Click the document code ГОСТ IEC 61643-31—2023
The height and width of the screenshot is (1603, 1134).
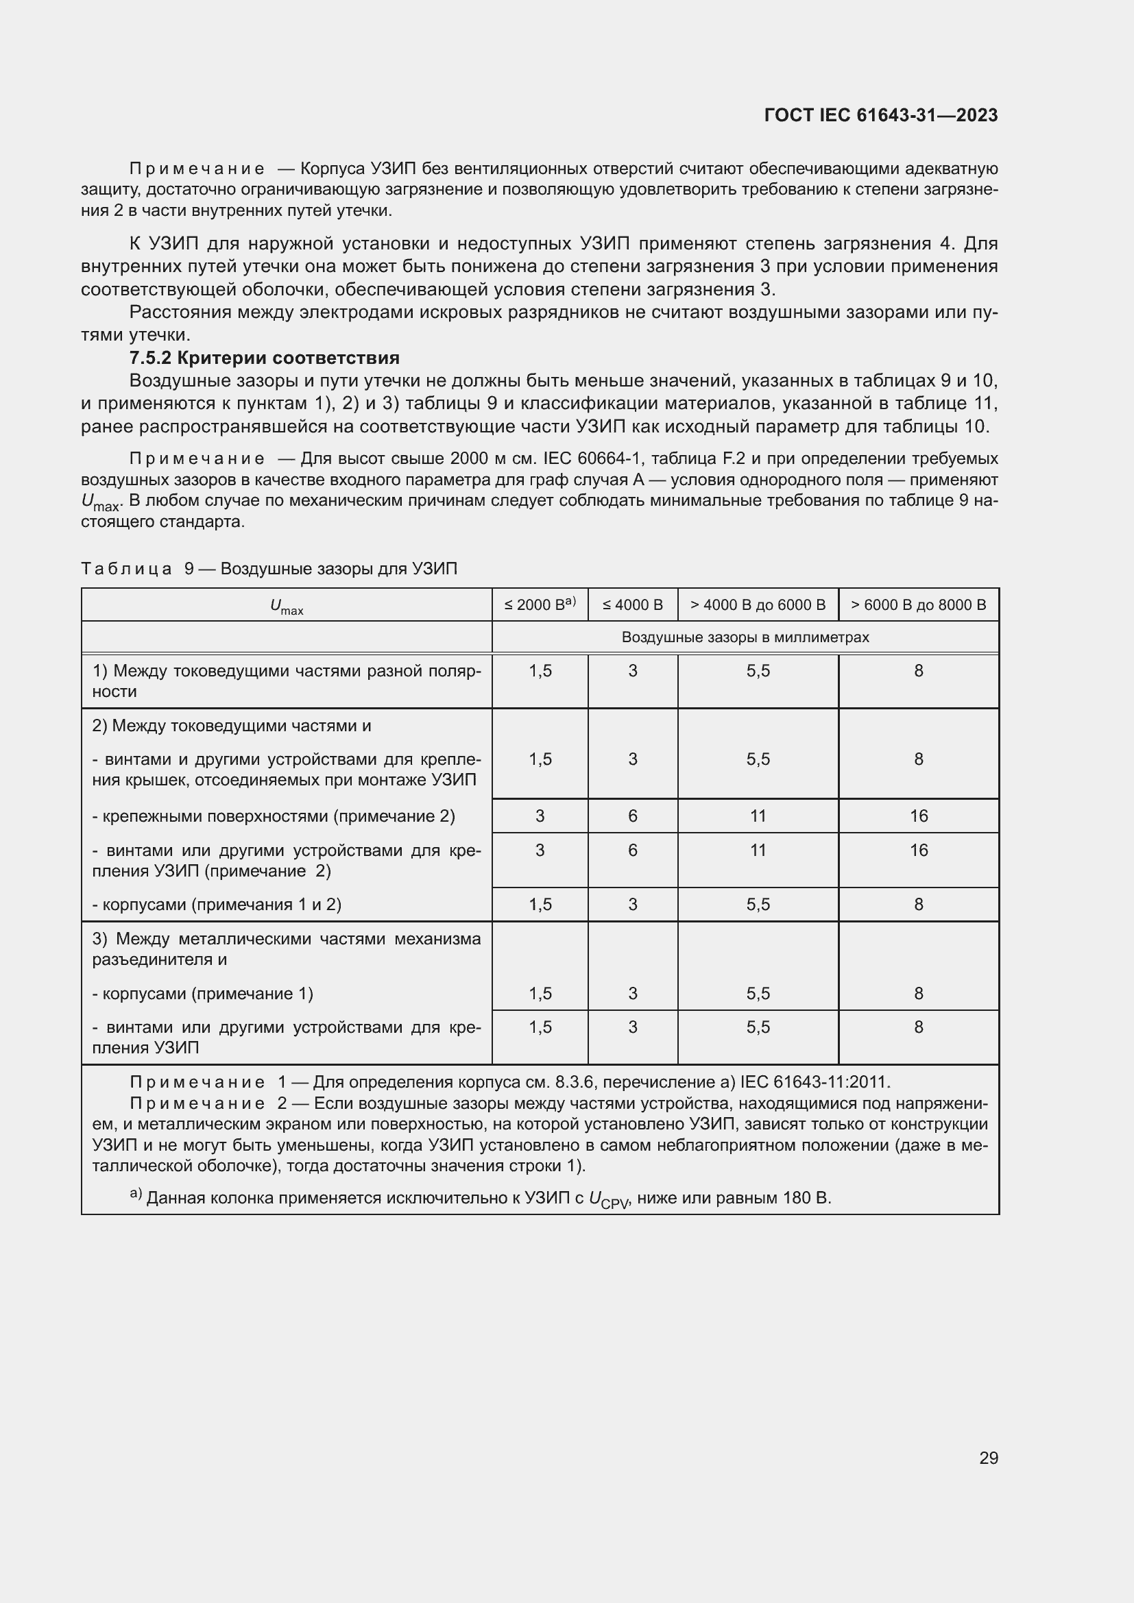tap(880, 115)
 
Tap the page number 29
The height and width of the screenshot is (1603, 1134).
tap(988, 1458)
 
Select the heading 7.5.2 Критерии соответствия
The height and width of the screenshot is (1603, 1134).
tap(264, 358)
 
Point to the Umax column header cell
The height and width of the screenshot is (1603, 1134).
tap(287, 606)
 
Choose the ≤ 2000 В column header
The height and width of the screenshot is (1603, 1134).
tap(539, 604)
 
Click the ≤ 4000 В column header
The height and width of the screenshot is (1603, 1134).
tap(632, 604)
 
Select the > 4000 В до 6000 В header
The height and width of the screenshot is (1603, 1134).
tap(758, 604)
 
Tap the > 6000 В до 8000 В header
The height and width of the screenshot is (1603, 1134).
tap(918, 604)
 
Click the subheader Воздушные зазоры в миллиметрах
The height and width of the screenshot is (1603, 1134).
tap(745, 637)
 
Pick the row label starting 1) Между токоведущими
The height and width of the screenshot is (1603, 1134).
tap(287, 681)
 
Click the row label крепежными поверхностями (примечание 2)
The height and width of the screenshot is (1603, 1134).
tap(274, 816)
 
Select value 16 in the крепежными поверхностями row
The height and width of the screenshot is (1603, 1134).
tap(918, 816)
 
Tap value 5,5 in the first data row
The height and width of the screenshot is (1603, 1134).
tap(758, 671)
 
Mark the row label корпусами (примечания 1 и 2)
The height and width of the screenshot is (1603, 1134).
tap(217, 904)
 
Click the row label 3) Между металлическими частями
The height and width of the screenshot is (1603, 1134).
tap(287, 948)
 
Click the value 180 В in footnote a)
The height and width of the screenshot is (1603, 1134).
tap(806, 1198)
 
